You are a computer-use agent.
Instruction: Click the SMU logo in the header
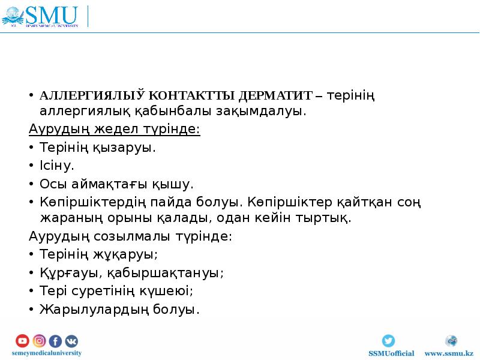tap(42, 16)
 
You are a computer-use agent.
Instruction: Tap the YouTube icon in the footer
tap(22, 341)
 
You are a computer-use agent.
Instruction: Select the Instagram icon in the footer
tap(39, 341)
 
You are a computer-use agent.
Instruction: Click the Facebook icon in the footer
tap(55, 341)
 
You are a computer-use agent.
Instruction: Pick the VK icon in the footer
tap(71, 341)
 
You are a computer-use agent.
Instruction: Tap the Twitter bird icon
tap(389, 340)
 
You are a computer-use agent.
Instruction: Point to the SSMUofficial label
tap(391, 353)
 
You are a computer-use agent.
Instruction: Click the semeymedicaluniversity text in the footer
tap(46, 353)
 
